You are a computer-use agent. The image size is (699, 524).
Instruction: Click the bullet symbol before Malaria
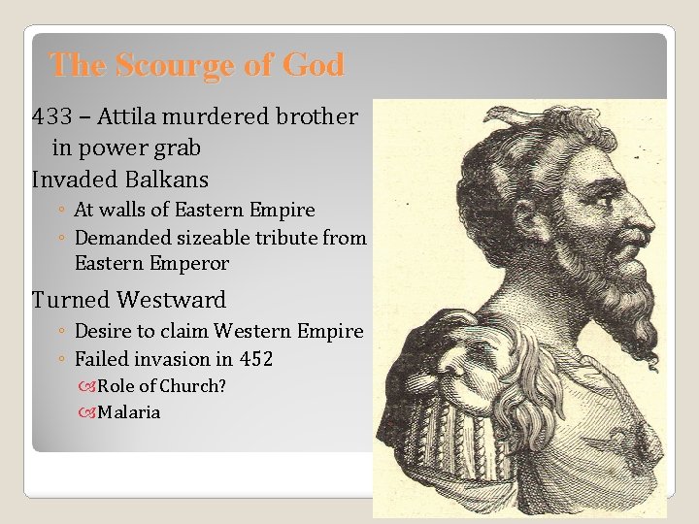(x=88, y=412)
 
